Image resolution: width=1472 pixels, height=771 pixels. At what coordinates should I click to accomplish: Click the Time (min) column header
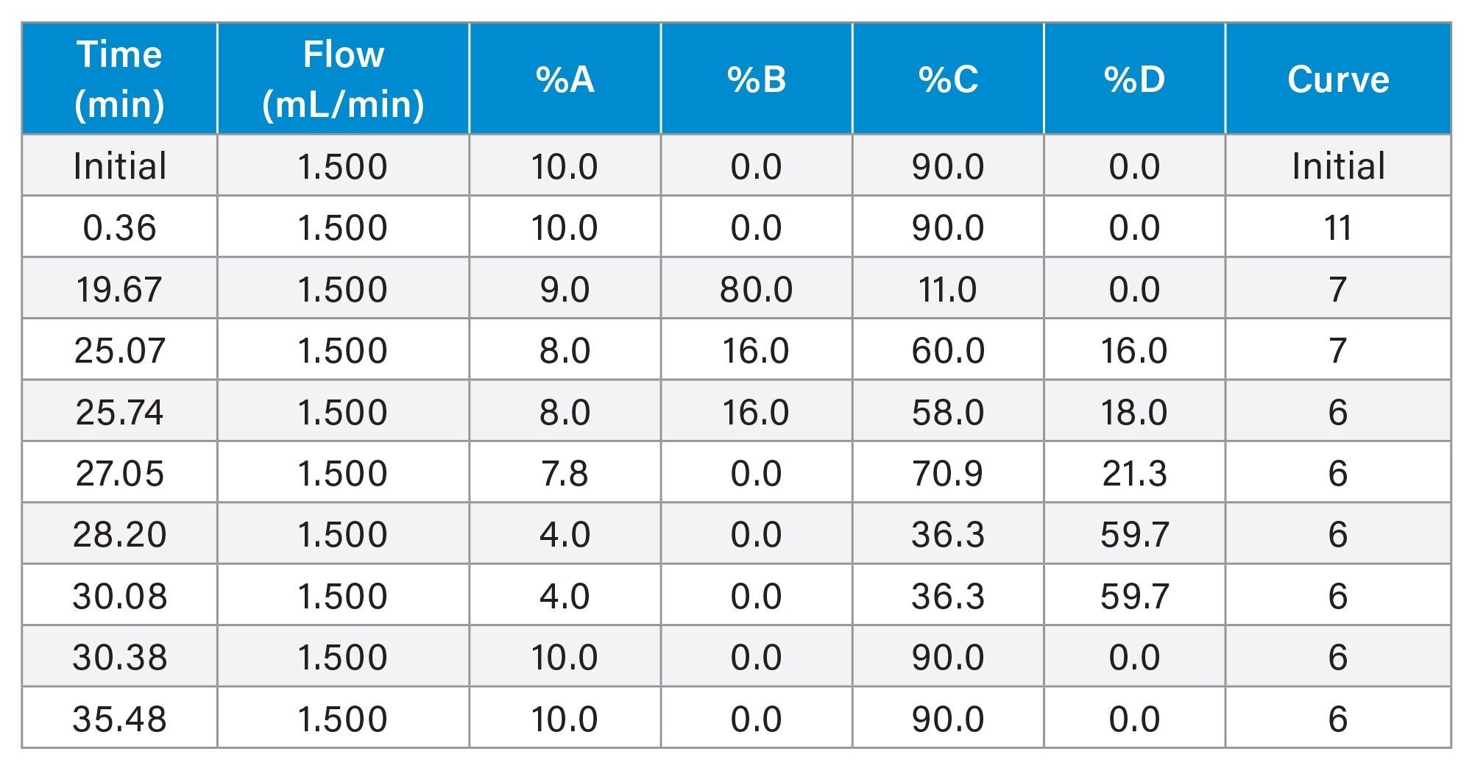pos(119,79)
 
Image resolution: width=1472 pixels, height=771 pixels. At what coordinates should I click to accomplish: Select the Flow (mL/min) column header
pos(343,79)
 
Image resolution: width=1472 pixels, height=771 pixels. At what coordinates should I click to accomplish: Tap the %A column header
pos(565,79)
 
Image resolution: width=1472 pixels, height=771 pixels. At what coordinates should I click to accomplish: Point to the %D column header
pos(1134,79)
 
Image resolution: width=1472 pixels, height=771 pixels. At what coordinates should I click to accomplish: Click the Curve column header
pos(1338,79)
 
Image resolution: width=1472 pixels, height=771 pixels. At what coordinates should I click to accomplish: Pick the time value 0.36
pos(119,227)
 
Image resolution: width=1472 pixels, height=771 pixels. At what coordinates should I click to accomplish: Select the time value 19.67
pos(119,289)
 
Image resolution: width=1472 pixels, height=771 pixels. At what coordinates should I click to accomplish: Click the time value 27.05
pos(119,473)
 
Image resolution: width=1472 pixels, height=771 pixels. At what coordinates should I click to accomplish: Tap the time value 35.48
pos(119,719)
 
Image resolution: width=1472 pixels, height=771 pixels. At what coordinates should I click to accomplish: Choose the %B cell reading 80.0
pos(756,289)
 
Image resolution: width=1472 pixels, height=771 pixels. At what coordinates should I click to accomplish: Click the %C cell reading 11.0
pos(947,289)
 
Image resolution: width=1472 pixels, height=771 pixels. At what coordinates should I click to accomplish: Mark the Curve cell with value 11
pos(1338,227)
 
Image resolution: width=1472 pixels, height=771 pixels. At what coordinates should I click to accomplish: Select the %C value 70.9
pos(947,473)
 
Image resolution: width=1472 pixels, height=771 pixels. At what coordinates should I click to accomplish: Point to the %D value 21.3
pos(1134,473)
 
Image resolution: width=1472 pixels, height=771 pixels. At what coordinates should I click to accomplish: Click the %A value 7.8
pos(565,473)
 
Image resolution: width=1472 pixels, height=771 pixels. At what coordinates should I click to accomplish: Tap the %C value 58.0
pos(947,412)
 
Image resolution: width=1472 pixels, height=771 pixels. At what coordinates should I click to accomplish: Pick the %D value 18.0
pos(1134,412)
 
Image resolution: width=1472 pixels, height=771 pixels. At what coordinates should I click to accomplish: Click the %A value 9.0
pos(565,289)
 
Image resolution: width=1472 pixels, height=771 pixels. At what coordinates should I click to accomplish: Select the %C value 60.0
pos(947,350)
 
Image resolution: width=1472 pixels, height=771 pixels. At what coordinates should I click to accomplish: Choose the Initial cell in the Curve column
pos(1338,166)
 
